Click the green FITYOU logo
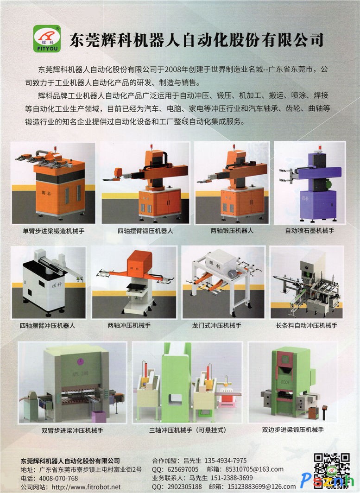[x=46, y=38]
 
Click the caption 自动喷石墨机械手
[x=309, y=230]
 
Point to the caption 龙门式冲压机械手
[x=217, y=325]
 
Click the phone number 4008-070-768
[x=58, y=478]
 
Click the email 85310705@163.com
[x=254, y=469]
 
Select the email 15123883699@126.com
[x=262, y=487]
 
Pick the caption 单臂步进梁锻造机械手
[x=53, y=231]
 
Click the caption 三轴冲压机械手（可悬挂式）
[x=188, y=430]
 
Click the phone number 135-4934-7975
[x=226, y=461]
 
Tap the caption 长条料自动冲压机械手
[x=307, y=325]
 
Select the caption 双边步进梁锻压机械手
[x=293, y=430]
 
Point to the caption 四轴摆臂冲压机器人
[x=47, y=325]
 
